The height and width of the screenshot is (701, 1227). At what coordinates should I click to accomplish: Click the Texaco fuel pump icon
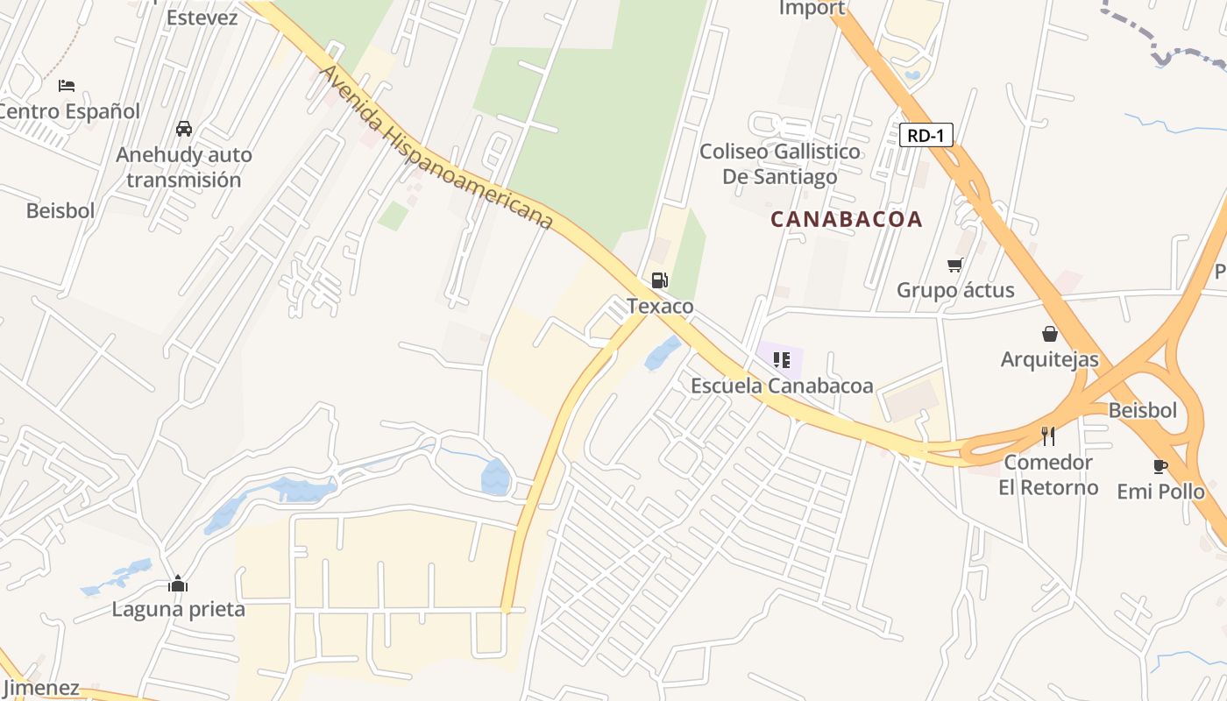pos(659,280)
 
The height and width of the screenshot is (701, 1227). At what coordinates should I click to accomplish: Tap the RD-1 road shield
pos(926,135)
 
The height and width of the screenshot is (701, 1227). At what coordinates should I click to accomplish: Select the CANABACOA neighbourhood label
pos(846,219)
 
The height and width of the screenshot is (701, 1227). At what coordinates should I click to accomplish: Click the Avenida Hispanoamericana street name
pos(436,148)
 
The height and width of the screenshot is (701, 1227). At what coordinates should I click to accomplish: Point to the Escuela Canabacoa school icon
pos(782,360)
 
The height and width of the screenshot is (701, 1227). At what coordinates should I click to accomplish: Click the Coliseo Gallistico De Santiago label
pos(779,164)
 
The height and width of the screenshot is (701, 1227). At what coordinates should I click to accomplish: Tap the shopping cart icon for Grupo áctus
pos(954,265)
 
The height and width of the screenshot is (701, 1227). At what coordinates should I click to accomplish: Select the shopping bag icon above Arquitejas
pos(1049,334)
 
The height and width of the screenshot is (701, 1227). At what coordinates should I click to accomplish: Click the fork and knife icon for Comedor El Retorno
pos(1047,435)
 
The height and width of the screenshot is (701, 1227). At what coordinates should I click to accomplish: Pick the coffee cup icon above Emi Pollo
pos(1160,466)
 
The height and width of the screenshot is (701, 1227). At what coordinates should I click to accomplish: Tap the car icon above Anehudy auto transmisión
pos(184,129)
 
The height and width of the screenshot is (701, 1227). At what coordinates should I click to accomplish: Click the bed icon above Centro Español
pos(67,86)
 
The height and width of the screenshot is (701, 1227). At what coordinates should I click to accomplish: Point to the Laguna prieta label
pos(178,609)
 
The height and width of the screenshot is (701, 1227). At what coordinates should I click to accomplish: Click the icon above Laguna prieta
pos(178,584)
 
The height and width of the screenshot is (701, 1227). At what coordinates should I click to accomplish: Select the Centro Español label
pos(68,111)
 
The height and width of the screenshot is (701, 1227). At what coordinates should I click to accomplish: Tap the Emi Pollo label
pos(1160,492)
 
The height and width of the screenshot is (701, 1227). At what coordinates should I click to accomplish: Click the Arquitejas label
pos(1049,359)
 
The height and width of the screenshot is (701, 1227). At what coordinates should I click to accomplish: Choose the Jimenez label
pos(39,688)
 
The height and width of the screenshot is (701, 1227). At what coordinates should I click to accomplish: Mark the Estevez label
pos(202,17)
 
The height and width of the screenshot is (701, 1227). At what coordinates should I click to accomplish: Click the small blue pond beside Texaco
pos(663,353)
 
